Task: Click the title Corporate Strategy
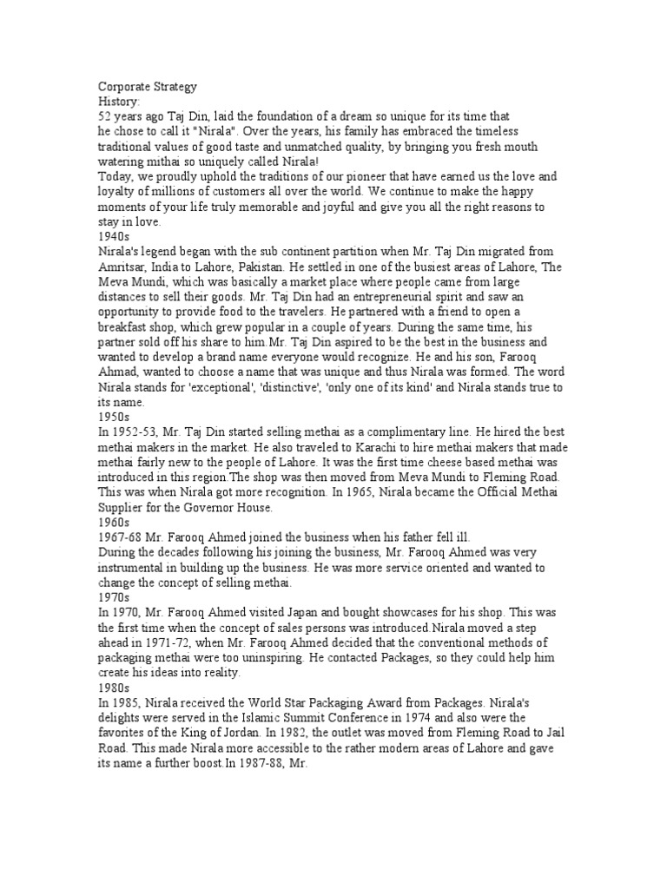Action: point(148,87)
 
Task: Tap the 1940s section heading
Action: point(114,234)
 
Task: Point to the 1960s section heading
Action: point(114,522)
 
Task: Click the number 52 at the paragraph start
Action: point(104,116)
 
